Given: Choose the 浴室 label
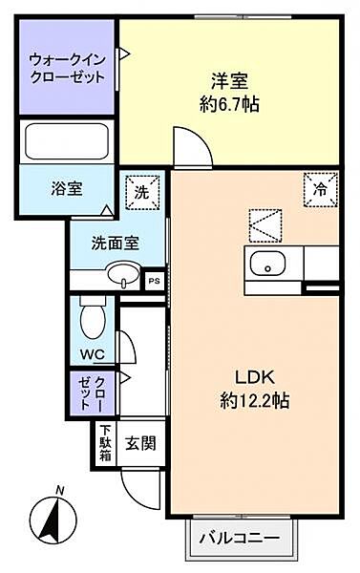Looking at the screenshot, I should [67, 188].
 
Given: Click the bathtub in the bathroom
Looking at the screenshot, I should [66, 142].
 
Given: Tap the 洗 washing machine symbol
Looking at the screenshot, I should [141, 191].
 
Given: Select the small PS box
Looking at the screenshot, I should [153, 281].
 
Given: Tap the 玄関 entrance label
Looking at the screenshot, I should [138, 443].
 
